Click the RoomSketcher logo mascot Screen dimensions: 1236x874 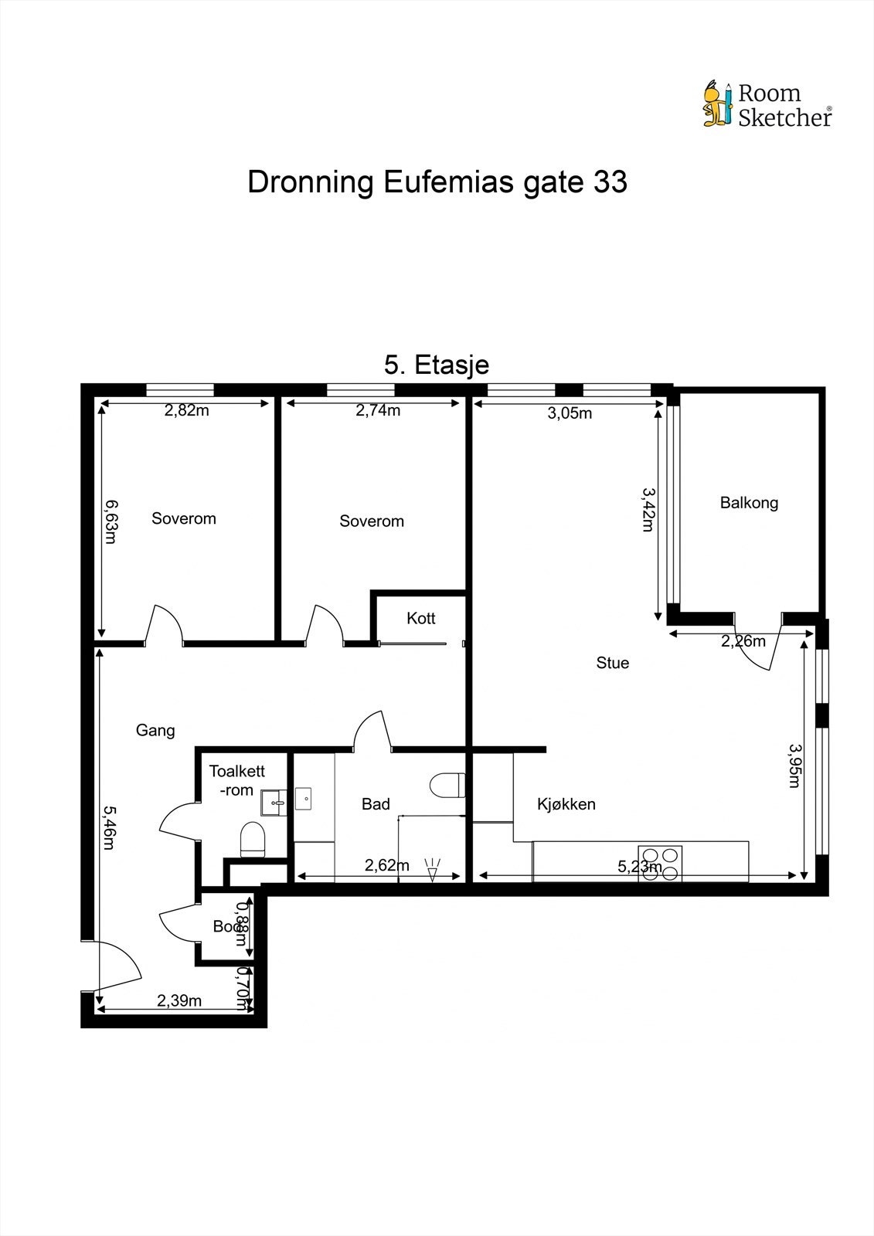tap(716, 104)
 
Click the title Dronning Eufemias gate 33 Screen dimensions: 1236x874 tap(437, 182)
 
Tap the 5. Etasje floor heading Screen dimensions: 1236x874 tap(437, 365)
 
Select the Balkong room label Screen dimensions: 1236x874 tap(749, 503)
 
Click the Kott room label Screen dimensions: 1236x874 tap(421, 618)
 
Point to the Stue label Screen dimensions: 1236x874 tap(613, 663)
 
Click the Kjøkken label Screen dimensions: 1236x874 tap(566, 804)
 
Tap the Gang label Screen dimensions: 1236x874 tap(155, 730)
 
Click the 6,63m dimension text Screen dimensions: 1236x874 tap(111, 521)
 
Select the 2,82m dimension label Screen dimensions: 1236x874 tap(186, 411)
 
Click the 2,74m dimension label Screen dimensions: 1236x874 tap(378, 411)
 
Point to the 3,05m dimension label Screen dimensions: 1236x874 tap(570, 413)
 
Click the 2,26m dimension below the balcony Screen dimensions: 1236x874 tap(743, 641)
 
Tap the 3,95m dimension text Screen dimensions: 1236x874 tap(794, 765)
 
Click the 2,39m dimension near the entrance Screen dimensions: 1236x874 tap(179, 1001)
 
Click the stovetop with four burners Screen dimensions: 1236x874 tap(660, 864)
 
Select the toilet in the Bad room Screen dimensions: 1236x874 tap(447, 786)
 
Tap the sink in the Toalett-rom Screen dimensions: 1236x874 tap(272, 803)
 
